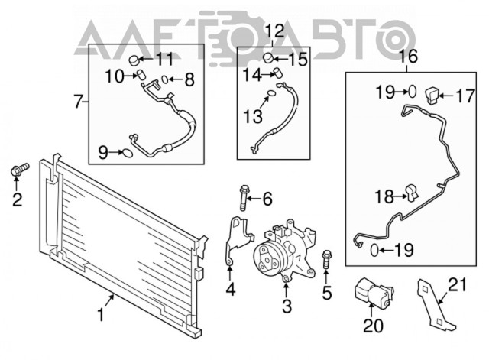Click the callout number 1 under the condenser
100,314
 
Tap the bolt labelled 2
20,170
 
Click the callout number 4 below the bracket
231,290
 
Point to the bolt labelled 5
326,259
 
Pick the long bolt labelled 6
244,198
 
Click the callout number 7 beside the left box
78,101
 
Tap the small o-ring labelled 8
165,79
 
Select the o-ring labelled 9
128,153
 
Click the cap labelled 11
134,60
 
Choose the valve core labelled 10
141,75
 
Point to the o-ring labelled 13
272,93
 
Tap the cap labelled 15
268,58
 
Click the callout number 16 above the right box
409,57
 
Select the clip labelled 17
432,95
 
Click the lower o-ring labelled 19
374,250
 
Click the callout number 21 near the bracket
457,284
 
